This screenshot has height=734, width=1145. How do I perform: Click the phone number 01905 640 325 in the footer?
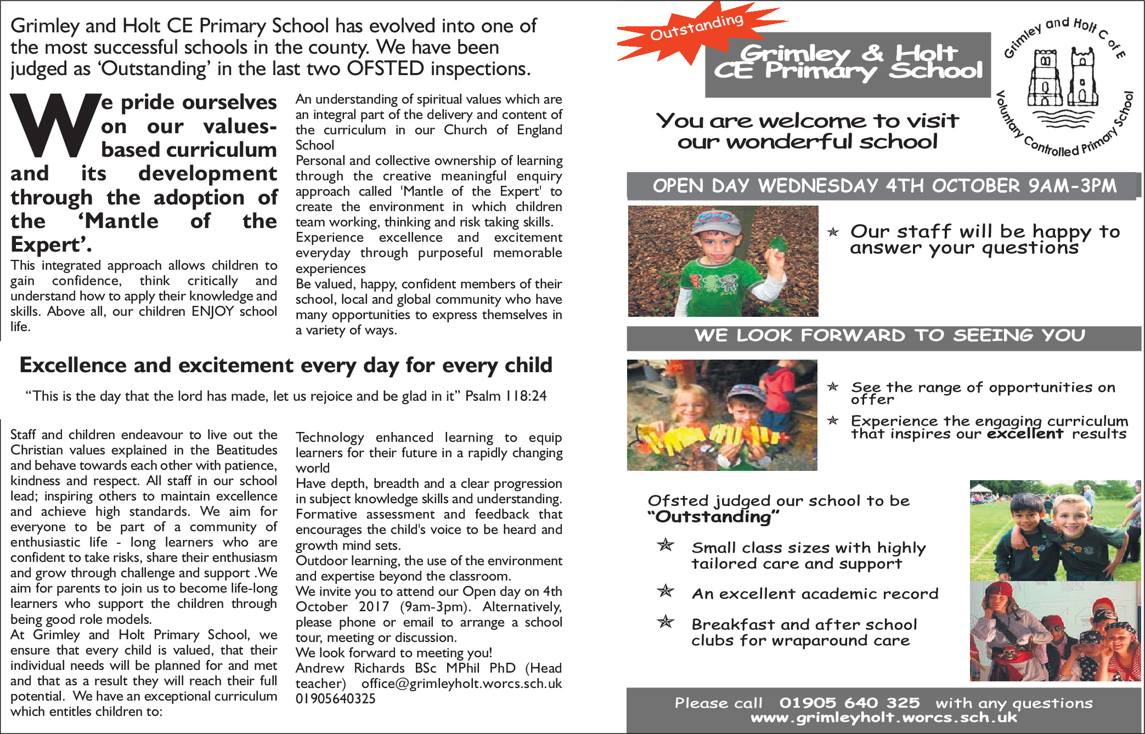849,703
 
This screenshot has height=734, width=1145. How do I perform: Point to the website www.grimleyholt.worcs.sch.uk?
883,718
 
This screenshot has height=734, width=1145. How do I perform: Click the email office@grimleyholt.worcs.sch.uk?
461,684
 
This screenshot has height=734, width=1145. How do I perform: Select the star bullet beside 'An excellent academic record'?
665,591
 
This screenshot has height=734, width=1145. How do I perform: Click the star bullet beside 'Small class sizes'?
665,545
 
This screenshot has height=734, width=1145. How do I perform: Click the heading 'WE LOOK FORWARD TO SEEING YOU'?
889,335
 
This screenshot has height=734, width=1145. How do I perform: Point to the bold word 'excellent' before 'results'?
1025,434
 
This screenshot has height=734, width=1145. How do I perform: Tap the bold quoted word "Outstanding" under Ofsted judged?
713,517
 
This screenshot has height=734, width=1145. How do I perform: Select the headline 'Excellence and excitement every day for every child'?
286,366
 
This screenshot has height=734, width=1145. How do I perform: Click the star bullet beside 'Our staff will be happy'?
833,232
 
